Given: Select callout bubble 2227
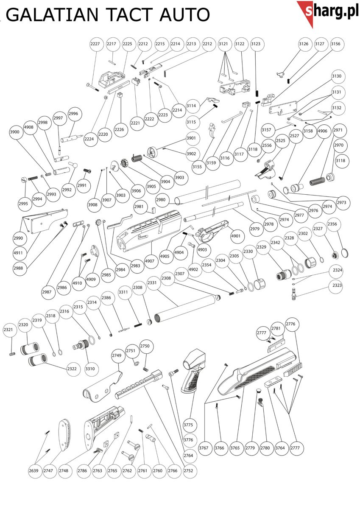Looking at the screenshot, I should [95, 44].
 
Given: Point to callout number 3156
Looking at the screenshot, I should [335, 44].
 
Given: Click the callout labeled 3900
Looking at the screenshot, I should [15, 132].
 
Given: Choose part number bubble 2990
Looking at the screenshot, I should [19, 238].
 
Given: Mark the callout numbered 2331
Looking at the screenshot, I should [152, 283].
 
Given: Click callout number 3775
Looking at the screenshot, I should [188, 425].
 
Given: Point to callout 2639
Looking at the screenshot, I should [33, 471].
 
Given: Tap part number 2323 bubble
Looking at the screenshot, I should [337, 285].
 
